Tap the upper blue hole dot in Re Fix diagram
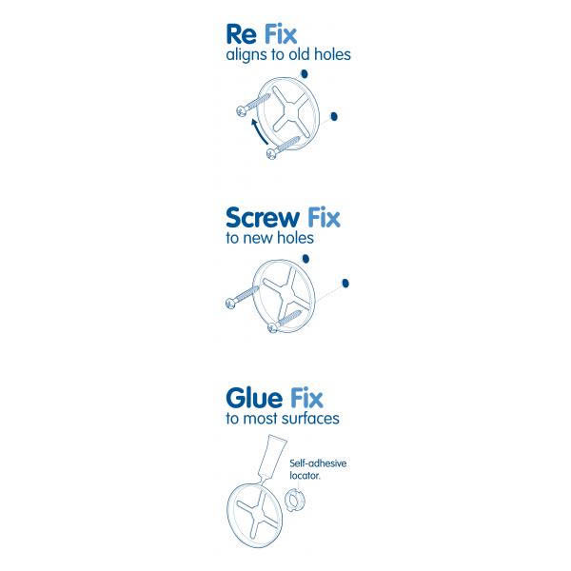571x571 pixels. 304,75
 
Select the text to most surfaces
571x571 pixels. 282,418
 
